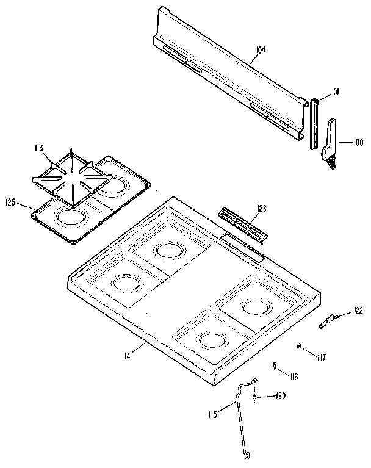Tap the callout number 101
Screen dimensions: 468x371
pos(335,92)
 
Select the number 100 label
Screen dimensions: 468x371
pos(358,142)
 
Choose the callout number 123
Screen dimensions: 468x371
pos(262,209)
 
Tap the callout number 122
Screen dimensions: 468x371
pos(357,311)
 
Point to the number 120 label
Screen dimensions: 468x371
pos(280,396)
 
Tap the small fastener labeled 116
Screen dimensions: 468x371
pos(274,365)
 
